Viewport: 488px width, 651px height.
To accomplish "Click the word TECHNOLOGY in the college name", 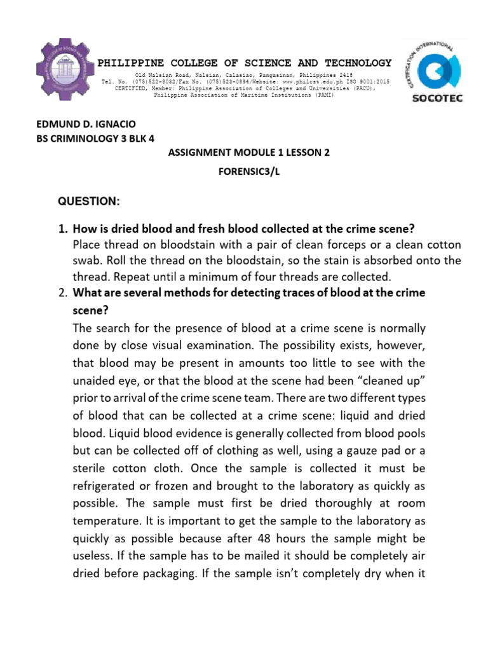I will coord(358,63).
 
